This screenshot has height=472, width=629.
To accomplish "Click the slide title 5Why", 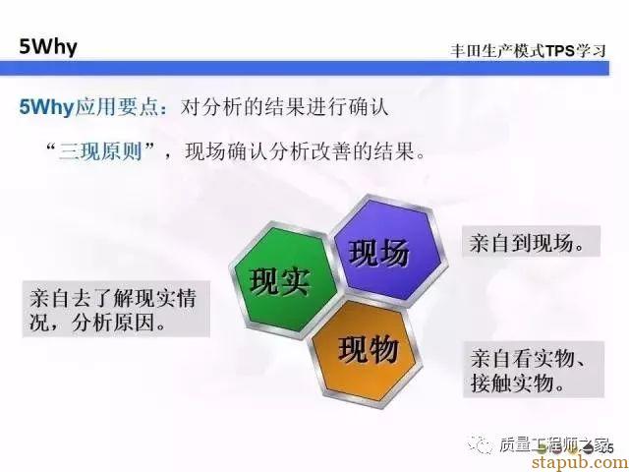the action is click(x=48, y=47).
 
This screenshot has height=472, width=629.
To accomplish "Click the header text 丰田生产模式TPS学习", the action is click(x=528, y=51).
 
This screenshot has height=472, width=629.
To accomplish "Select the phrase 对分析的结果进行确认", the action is click(x=284, y=107).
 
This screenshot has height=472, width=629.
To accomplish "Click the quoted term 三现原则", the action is click(x=100, y=152).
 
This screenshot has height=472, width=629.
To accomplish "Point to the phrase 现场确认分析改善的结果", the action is click(x=300, y=151).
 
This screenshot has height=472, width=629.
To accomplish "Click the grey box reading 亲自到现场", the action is click(x=531, y=241).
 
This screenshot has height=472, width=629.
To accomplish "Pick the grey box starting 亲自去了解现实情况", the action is click(x=116, y=309).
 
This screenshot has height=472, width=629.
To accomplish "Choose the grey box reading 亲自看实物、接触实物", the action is click(x=534, y=370).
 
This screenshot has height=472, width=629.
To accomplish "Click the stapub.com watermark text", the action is click(x=581, y=462).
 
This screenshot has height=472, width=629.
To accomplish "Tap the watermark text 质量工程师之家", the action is click(x=554, y=444).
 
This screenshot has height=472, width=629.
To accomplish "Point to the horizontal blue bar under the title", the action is click(x=305, y=68).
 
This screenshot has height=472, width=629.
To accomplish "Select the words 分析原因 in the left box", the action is click(x=119, y=323).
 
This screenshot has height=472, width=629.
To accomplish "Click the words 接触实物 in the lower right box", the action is click(x=518, y=383).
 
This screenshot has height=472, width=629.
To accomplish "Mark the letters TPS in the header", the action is click(x=560, y=51).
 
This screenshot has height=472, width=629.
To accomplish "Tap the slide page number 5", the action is click(x=611, y=448).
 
